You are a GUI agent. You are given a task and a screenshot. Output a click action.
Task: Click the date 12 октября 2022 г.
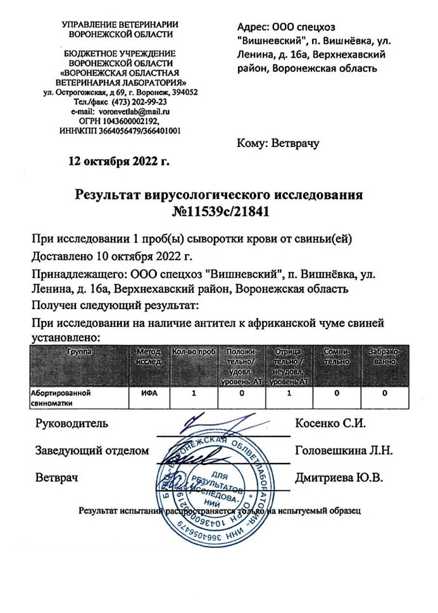tap(120, 160)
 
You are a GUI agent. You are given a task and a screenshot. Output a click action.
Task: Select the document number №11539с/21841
tap(219, 212)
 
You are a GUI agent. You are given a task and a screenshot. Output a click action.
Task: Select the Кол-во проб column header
tap(193, 351)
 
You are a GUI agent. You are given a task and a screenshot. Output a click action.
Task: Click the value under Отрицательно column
tap(289, 393)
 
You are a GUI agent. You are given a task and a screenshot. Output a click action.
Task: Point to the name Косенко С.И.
tap(331, 423)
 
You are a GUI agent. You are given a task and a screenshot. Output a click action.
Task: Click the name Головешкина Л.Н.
tap(344, 451)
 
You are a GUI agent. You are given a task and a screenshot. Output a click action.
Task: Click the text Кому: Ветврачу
tap(278, 143)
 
